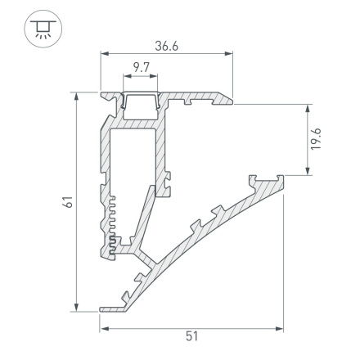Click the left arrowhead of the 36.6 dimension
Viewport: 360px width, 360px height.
pos(104,56)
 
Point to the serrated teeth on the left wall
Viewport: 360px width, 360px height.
pos(107,221)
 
